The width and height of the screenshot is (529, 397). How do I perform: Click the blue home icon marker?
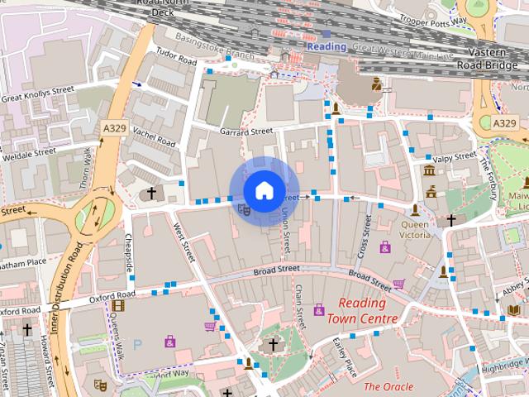[x=264, y=191]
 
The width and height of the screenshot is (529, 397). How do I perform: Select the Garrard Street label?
[x=246, y=131]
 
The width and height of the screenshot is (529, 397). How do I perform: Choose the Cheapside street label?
[x=128, y=249]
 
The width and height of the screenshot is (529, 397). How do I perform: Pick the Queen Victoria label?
[x=416, y=229]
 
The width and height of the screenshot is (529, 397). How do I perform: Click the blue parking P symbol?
[x=138, y=343]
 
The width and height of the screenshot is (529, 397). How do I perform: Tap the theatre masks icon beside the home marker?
[x=244, y=210]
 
